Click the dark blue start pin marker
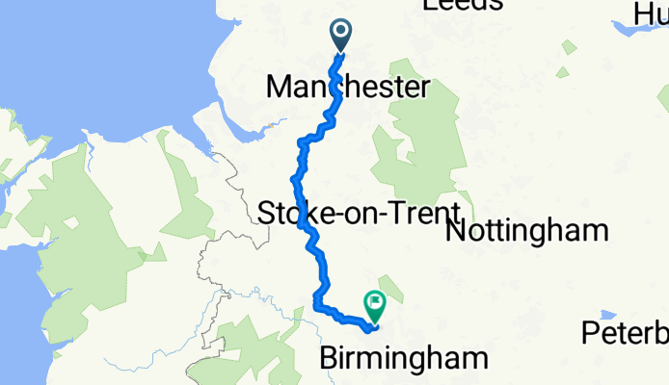pos(341,36)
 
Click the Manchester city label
pos(347,89)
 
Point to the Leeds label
pos(463,5)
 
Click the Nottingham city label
pos(527,231)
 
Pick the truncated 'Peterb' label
pos(626,334)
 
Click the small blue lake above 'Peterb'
pos(606,315)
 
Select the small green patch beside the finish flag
pos(389,280)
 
